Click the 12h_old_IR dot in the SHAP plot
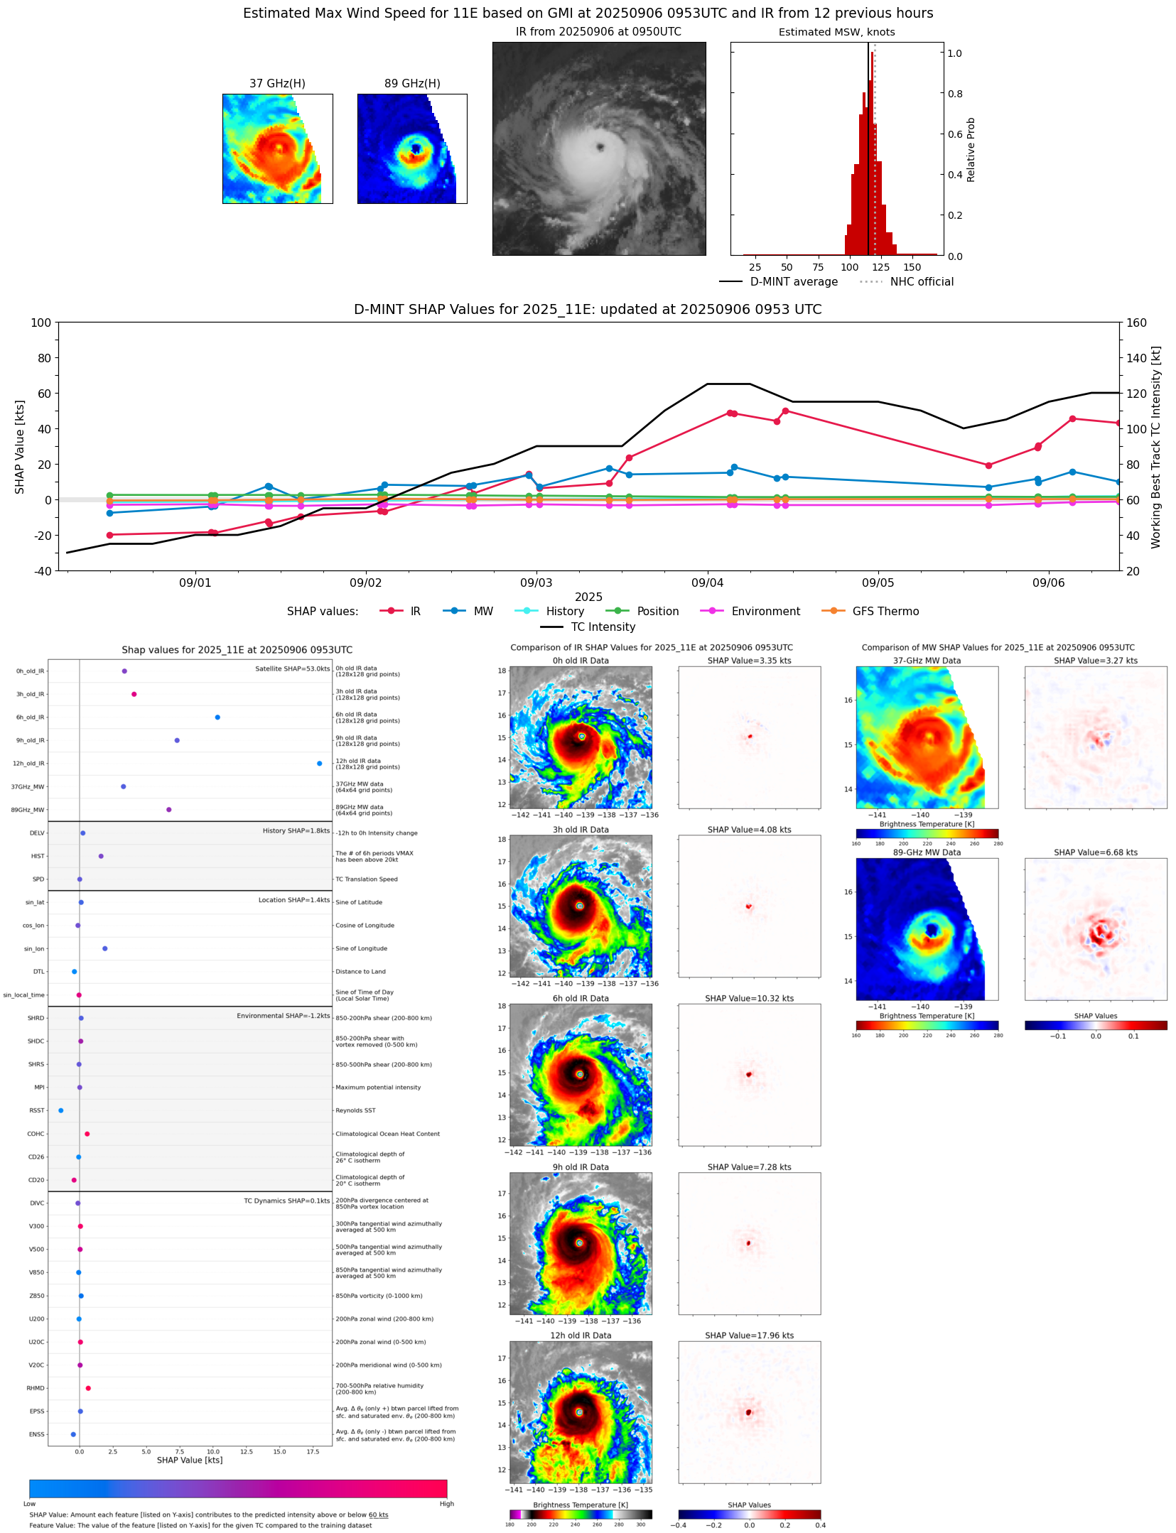coord(319,763)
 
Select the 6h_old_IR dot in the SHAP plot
coord(217,717)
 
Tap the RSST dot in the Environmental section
coord(60,1110)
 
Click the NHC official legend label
coord(921,281)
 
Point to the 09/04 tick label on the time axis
coord(707,583)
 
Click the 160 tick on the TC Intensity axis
coord(1136,323)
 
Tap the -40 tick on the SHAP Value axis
coord(41,570)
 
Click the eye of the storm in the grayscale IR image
coord(600,147)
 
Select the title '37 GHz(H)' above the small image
coord(277,84)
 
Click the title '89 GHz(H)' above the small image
coord(412,84)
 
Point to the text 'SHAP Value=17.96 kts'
coord(749,1335)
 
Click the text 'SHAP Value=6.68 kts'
coord(1095,852)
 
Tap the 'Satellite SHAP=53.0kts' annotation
coord(292,668)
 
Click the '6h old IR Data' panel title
coord(581,998)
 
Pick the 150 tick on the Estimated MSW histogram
coord(912,267)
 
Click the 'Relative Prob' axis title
coord(971,149)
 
